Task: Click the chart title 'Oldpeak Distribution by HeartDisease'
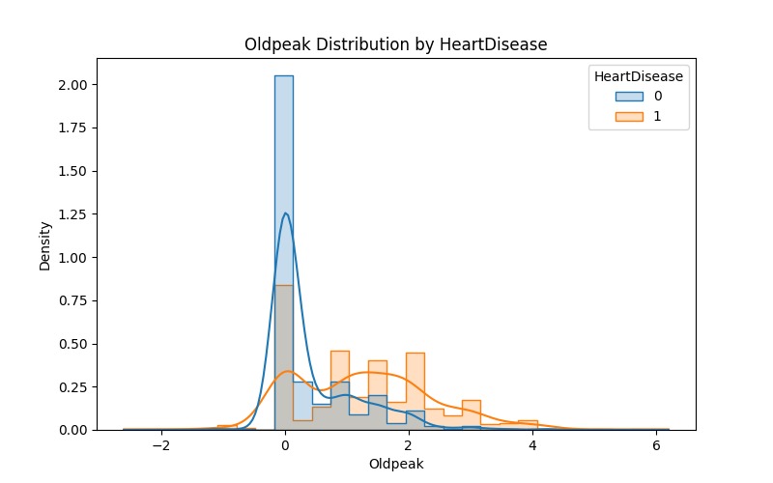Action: tap(396, 43)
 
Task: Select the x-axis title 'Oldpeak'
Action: tap(396, 464)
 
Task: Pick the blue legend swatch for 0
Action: tap(627, 97)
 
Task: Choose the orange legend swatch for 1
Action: tap(627, 118)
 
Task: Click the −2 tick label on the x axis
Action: tap(161, 446)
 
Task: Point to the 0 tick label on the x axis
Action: tap(285, 446)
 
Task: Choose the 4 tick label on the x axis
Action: tap(532, 446)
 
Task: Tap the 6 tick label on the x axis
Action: tap(656, 446)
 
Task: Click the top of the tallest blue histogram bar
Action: tap(284, 76)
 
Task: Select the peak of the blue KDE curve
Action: tap(285, 213)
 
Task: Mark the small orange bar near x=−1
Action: tap(227, 427)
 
